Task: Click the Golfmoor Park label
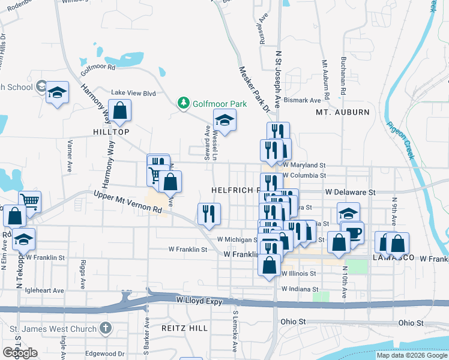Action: click(220, 104)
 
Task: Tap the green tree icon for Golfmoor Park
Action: click(184, 104)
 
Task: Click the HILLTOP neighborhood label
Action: click(111, 131)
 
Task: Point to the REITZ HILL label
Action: click(184, 328)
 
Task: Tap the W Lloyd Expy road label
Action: click(200, 299)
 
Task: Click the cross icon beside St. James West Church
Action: click(106, 329)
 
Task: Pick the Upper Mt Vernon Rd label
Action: click(128, 202)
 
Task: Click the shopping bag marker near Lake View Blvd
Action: click(119, 111)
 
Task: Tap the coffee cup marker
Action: click(354, 232)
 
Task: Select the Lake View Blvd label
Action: click(133, 93)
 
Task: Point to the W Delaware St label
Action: click(350, 193)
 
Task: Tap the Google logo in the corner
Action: click(20, 353)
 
